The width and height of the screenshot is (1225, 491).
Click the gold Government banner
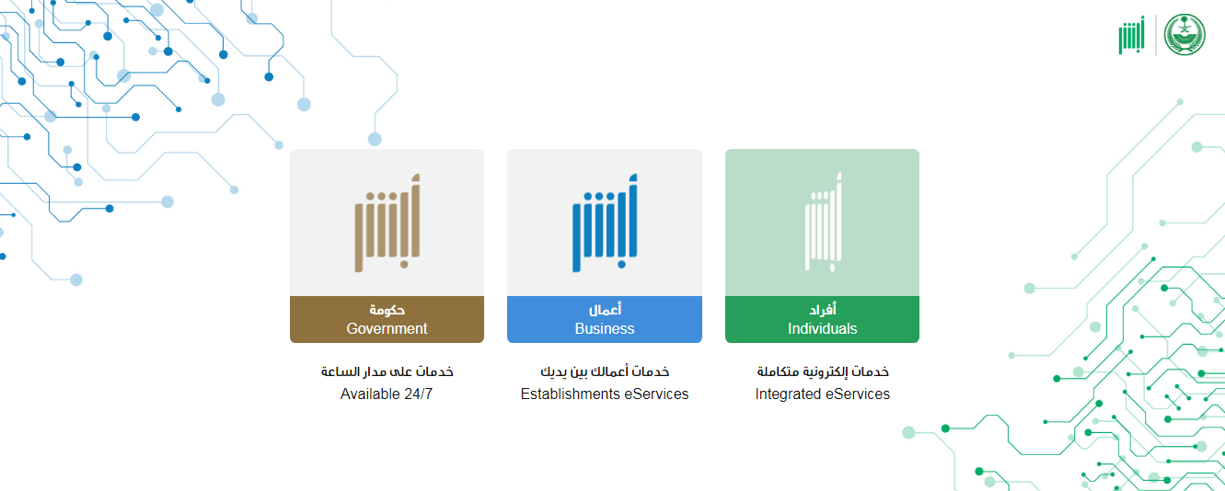click(x=387, y=319)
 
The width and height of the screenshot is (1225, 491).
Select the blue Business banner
click(x=605, y=319)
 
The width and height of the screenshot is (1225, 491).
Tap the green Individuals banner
click(x=822, y=319)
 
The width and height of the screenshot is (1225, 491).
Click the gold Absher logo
click(x=387, y=223)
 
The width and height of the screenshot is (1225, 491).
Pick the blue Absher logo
click(x=605, y=223)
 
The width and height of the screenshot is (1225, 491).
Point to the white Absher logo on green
click(x=823, y=222)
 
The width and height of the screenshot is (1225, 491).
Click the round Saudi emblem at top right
click(x=1185, y=34)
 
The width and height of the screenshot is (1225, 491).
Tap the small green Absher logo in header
click(x=1131, y=35)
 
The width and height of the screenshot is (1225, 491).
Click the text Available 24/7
click(x=387, y=394)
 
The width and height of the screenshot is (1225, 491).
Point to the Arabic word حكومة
click(x=387, y=310)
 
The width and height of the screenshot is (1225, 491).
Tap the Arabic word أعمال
click(x=605, y=310)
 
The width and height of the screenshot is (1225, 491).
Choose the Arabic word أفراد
click(x=823, y=310)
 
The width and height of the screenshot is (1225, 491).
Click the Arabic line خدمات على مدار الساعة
click(x=387, y=371)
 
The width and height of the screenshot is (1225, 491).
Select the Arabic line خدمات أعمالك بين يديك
click(x=605, y=371)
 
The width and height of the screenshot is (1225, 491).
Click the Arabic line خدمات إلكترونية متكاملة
click(x=823, y=371)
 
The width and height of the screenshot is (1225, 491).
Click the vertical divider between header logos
click(x=1155, y=35)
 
